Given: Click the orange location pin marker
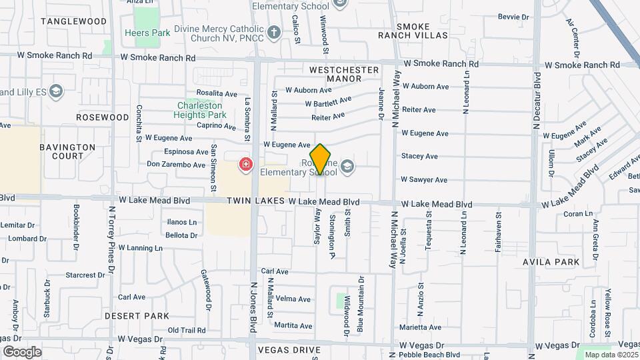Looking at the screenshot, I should (x=320, y=159).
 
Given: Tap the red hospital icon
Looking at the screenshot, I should (x=246, y=164).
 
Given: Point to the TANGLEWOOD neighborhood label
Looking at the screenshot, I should (x=73, y=21).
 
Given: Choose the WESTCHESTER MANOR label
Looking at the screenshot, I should (x=344, y=74).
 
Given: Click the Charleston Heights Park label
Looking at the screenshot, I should (x=201, y=110).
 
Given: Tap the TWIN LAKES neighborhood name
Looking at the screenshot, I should (x=255, y=201).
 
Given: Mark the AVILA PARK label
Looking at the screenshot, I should (x=551, y=262).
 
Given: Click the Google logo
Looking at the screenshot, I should (x=22, y=352).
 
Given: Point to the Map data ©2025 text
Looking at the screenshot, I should (x=611, y=355).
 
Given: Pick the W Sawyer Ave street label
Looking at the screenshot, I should (x=423, y=180).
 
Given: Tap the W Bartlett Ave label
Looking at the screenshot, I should (x=328, y=102).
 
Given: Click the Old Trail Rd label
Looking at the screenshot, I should (x=187, y=330).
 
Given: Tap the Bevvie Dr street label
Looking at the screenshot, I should (x=513, y=17).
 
